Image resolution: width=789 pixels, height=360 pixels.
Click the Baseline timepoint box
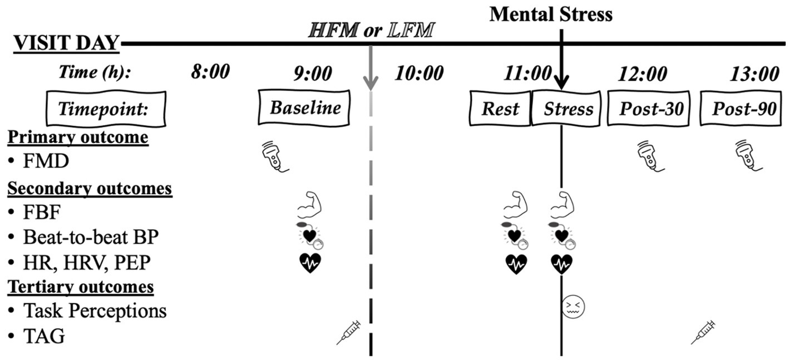coord(304,107)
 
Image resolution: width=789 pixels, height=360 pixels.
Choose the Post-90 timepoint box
coord(743,109)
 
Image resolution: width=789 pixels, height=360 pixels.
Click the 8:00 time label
coord(210,73)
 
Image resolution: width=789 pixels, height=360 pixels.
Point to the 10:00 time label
coord(419,73)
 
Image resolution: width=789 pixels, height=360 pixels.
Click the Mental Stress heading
coord(551,14)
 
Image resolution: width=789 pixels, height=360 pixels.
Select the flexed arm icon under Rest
coord(515,205)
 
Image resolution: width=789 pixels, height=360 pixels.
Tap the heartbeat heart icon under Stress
coord(561,264)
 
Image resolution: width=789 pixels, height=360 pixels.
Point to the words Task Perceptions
coord(95,310)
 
